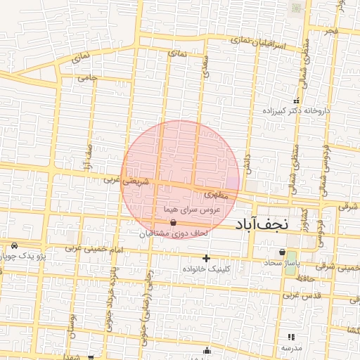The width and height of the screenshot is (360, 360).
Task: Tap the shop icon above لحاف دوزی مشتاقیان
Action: tap(173, 222)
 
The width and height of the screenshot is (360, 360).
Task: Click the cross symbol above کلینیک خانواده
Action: tap(206, 259)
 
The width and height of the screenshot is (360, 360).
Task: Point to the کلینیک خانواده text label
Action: tap(206, 269)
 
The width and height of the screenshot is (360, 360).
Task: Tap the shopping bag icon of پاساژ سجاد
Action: tap(282, 252)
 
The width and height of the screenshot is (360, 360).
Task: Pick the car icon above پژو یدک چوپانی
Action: tap(14, 246)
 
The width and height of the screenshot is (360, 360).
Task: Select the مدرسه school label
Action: tap(292, 348)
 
